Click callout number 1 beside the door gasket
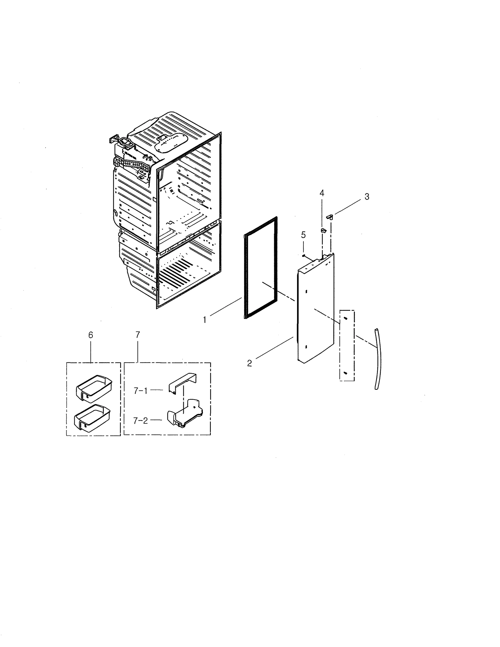pos(204,320)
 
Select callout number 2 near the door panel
pos(249,363)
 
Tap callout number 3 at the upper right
pos(367,197)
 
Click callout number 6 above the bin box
pos(91,335)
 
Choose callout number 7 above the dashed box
pos(137,335)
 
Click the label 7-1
pos(140,391)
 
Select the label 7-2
pos(140,421)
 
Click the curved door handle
pos(378,359)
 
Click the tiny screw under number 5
pos(303,255)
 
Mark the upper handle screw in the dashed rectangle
pos(345,318)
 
